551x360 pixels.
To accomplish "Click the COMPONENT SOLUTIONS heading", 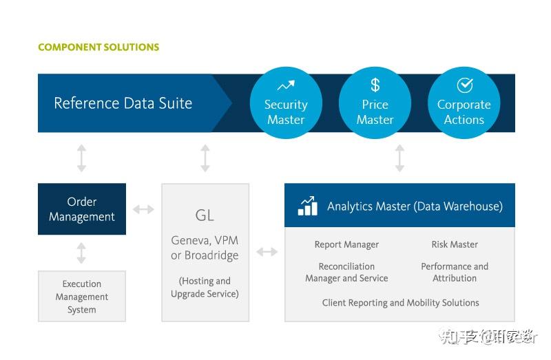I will point(98,47).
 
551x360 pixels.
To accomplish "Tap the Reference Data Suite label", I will point(123,103).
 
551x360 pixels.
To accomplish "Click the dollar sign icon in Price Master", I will point(375,85).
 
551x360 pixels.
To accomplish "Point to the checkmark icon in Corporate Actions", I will point(464,85).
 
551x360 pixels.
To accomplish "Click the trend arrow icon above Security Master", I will point(286,86).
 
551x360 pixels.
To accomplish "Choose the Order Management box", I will point(82,209).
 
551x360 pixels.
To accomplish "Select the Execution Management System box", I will point(82,296).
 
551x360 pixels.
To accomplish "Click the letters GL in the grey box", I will point(205,215).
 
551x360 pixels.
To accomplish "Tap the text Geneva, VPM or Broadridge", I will point(205,248).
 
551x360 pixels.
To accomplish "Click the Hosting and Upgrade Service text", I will point(205,287).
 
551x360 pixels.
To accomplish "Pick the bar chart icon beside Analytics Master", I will point(307,206).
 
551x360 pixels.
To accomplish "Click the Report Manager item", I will point(346,244).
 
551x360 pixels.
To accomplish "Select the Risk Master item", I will point(455,244).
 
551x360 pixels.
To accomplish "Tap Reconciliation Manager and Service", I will point(346,272).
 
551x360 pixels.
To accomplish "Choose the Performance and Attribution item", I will point(455,272).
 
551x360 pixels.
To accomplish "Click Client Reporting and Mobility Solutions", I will point(400,302).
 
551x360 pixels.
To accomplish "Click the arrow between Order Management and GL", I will point(143,209).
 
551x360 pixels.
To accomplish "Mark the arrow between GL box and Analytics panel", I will point(267,252).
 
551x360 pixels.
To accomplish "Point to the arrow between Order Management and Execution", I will point(81,253).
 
